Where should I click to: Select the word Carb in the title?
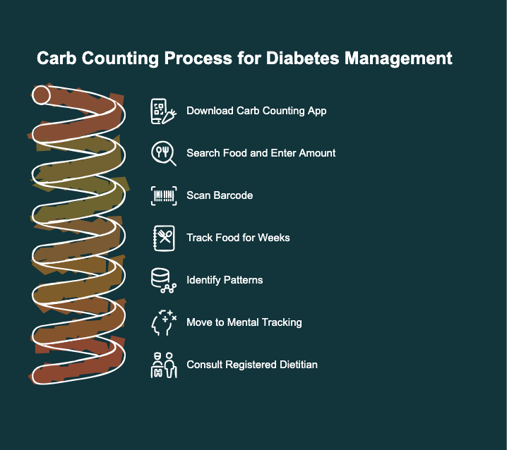click(58, 59)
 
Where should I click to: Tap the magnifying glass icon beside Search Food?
click(163, 153)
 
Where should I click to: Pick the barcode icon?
click(163, 195)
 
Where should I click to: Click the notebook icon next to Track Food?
click(163, 238)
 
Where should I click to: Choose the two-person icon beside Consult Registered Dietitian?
click(163, 365)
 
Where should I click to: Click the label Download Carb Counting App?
click(256, 111)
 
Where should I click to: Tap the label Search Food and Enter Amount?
click(261, 153)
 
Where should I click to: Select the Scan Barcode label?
click(220, 195)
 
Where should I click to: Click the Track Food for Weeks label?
click(238, 238)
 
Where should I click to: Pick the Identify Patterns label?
click(225, 280)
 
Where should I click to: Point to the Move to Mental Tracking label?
click(244, 322)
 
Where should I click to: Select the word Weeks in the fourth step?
click(274, 238)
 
